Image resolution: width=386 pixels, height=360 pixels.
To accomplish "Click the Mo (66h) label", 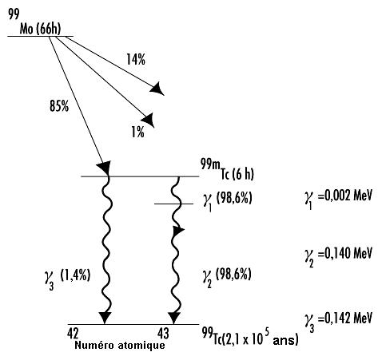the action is pos(40,29).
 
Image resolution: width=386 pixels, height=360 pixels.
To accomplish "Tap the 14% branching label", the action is pos(136,59).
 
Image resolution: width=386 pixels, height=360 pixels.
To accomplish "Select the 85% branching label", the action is pos(59,106).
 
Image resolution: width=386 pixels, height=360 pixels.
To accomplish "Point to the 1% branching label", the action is pos(138,132).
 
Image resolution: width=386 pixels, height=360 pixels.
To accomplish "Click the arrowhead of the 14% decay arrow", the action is pos(157,89).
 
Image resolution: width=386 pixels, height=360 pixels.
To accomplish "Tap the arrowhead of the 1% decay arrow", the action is pos(148,120).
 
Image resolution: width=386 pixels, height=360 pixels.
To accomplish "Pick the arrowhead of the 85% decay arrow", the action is pos(104,168).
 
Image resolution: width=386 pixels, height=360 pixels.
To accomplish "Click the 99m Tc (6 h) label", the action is pos(227,170).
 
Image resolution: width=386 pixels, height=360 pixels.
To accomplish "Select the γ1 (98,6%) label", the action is pos(227,201).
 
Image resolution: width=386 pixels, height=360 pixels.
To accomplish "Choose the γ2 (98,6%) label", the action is pos(227,277).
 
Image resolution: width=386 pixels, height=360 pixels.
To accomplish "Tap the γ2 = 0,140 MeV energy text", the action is pos(338,255).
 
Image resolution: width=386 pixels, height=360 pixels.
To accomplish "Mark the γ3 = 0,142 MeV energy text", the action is pos(338,321).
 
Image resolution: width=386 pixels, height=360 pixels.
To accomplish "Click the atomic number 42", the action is pos(73,333).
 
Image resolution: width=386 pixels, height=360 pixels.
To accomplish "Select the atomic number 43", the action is pos(163,333).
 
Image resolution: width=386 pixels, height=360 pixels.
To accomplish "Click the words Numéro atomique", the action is pos(120,345).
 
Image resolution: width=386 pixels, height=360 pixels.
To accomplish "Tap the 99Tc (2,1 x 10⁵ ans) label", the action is pos(250,337).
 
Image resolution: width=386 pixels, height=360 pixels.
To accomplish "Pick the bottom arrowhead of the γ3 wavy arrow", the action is pos(105,318).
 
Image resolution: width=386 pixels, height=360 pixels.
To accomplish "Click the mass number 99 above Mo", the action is pos(14,14).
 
